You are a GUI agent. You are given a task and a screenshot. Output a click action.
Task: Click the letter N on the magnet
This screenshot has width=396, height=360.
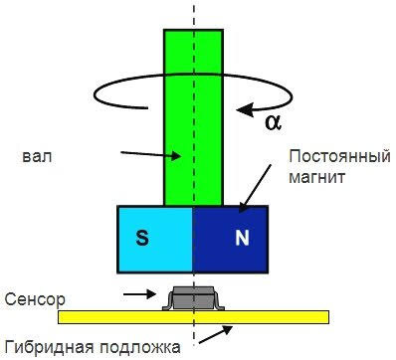pyautogui.click(x=240, y=239)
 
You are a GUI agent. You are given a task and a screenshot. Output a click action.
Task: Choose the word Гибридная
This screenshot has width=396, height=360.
pyautogui.click(x=45, y=347)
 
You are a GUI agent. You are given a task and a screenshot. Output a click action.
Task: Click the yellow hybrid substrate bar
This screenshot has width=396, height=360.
pyautogui.click(x=99, y=316)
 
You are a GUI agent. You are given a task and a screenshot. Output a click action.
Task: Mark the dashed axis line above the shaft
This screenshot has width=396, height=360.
pyautogui.click(x=194, y=14)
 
